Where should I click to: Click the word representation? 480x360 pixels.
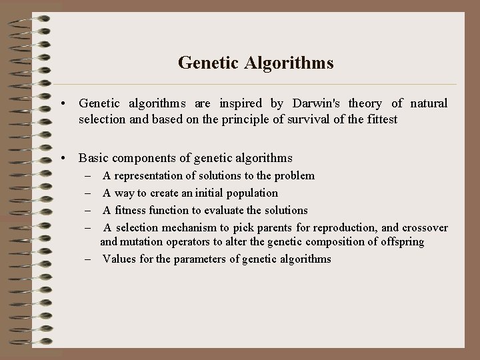151,175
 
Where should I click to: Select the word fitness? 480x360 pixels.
131,210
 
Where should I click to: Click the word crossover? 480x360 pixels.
425,227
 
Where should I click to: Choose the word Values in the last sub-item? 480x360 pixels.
118,259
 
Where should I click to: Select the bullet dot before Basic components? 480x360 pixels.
62,159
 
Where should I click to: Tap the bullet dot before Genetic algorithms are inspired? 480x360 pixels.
62,104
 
